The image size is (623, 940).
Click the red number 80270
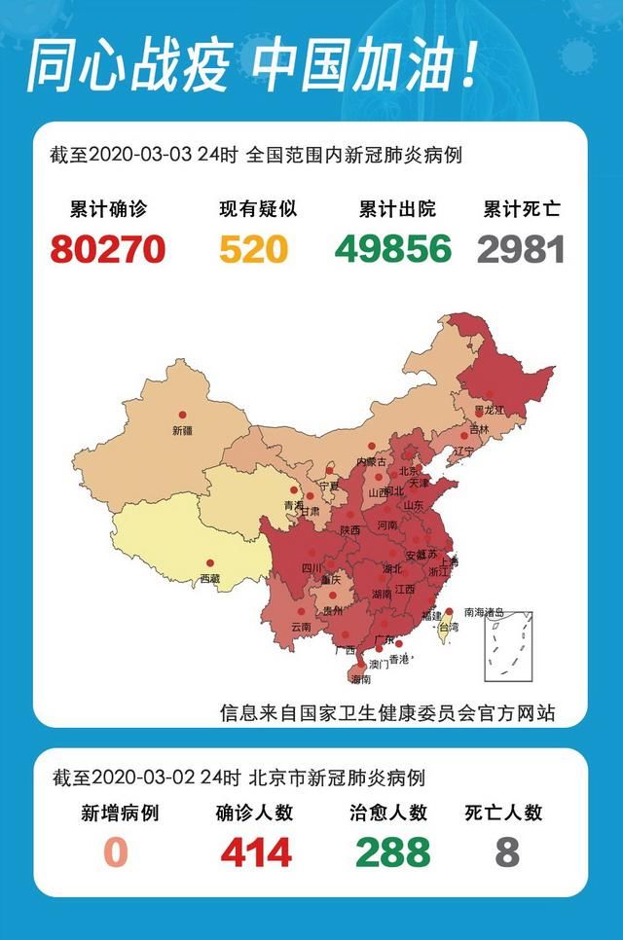click(108, 249)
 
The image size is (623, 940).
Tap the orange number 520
click(253, 249)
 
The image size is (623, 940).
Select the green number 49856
click(394, 249)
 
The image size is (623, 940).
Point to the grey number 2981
click(522, 249)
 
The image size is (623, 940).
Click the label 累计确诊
click(108, 209)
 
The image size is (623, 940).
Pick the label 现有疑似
click(257, 209)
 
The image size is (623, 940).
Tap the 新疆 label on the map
click(182, 430)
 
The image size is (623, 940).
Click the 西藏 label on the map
click(209, 578)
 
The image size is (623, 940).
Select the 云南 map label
click(301, 627)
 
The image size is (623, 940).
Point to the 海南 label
click(360, 678)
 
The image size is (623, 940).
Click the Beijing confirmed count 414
click(255, 852)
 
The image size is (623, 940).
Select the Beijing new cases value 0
click(117, 852)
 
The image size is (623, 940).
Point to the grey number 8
click(506, 852)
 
